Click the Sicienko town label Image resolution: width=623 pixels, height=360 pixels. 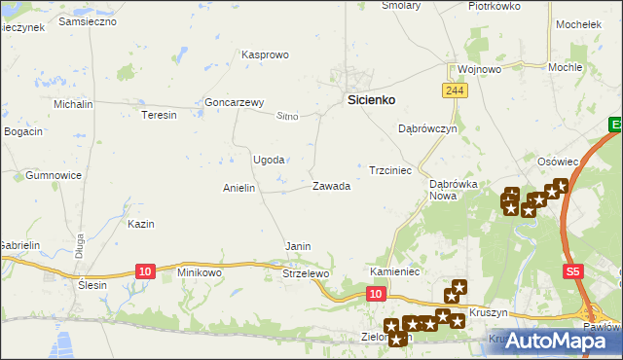click(371, 99)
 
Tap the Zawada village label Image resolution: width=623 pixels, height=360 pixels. click(331, 186)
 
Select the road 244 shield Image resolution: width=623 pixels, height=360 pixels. click(454, 90)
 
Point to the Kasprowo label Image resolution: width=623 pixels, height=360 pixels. click(265, 55)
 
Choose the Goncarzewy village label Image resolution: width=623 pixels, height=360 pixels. click(235, 102)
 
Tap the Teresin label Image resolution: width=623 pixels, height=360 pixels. click(159, 115)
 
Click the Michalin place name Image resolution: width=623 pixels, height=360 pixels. click(73, 104)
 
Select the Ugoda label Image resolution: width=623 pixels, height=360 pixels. click(269, 160)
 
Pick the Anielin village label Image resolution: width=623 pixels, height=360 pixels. click(239, 188)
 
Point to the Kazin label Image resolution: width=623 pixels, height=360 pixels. click(141, 224)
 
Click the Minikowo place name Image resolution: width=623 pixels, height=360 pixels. click(200, 273)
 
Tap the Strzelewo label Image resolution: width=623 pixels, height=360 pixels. click(307, 274)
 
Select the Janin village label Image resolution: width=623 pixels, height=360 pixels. click(298, 246)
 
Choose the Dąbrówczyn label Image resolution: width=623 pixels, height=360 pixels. click(427, 128)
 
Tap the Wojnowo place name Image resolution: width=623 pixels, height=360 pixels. click(479, 70)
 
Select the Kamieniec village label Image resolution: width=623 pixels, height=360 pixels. click(394, 271)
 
